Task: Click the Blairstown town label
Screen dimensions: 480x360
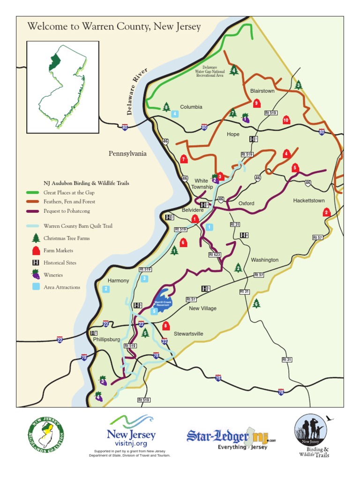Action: click(262, 91)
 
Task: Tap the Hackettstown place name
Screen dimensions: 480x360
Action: click(308, 200)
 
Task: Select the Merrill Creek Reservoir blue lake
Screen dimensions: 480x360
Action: click(163, 297)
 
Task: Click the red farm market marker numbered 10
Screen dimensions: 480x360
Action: click(286, 120)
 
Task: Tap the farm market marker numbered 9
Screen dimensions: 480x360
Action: click(256, 104)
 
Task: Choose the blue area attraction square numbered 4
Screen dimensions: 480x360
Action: click(175, 113)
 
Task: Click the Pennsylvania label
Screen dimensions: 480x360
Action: click(127, 153)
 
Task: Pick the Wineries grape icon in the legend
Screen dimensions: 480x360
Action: click(34, 275)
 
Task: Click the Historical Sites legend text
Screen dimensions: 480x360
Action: click(60, 263)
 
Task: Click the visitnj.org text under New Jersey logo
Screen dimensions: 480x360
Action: click(131, 443)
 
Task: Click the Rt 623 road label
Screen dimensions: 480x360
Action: click(214, 255)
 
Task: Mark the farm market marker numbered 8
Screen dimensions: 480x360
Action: click(165, 326)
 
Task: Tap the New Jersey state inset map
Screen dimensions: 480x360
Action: click(62, 87)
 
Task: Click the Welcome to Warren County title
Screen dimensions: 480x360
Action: click(114, 26)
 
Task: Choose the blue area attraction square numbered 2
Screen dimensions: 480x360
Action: click(106, 289)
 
